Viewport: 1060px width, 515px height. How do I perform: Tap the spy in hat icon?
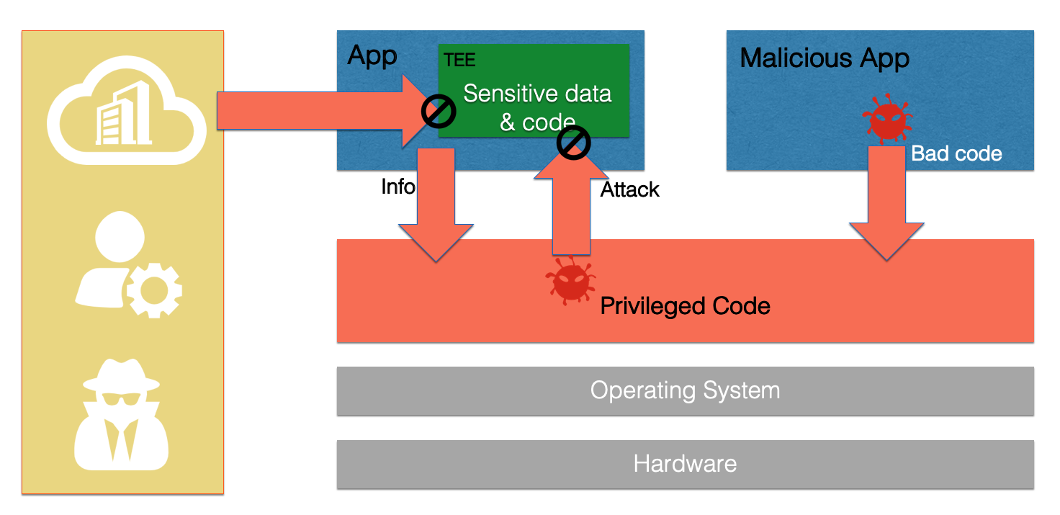point(122,413)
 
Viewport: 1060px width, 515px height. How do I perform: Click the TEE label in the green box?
point(459,59)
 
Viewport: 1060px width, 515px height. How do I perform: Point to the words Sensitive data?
point(537,94)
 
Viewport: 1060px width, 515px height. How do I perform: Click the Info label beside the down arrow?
point(397,187)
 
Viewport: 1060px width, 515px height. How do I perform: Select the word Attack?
point(630,189)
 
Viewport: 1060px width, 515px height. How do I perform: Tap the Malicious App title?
point(825,58)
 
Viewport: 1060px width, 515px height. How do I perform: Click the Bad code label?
point(956,153)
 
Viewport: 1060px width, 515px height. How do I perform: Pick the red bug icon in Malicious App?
point(887,120)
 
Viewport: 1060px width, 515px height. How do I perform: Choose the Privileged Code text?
point(685,306)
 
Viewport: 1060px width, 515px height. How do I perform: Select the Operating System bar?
point(685,391)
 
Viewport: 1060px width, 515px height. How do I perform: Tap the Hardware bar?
point(685,464)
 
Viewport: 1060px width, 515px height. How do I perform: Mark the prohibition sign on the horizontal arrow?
point(439,112)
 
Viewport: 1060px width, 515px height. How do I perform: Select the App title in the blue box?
point(372,55)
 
